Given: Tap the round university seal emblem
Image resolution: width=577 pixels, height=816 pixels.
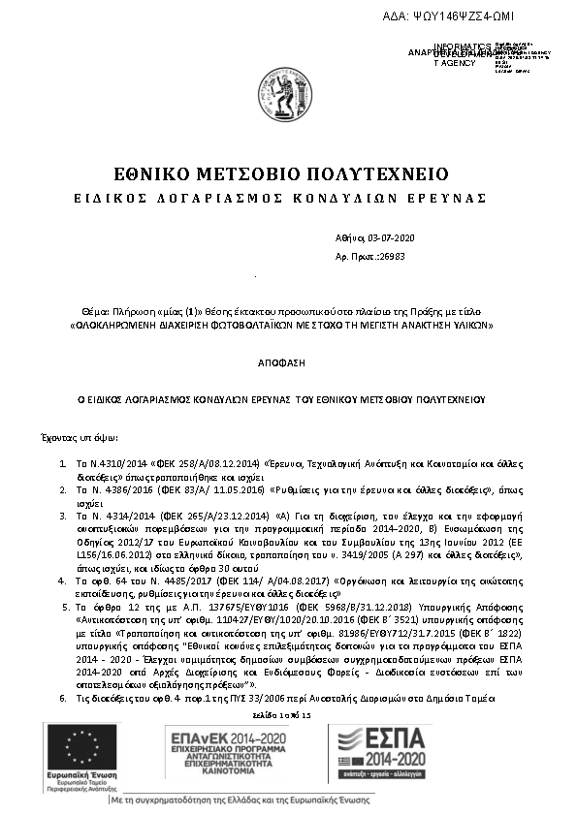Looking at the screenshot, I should pyautogui.click(x=282, y=95).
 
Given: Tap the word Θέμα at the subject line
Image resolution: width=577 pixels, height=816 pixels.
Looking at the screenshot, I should pyautogui.click(x=94, y=309).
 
